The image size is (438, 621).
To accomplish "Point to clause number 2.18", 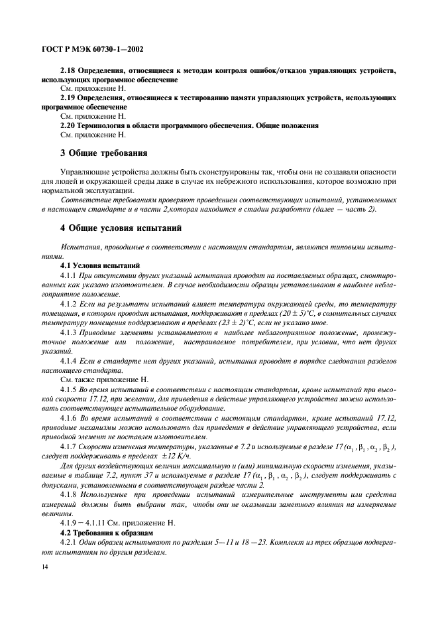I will pos(68,70).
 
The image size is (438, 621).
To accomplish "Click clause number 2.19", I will pos(68,98).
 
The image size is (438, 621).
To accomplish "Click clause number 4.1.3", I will pos(70,332).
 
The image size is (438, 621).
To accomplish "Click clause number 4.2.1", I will pos(70,543).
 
